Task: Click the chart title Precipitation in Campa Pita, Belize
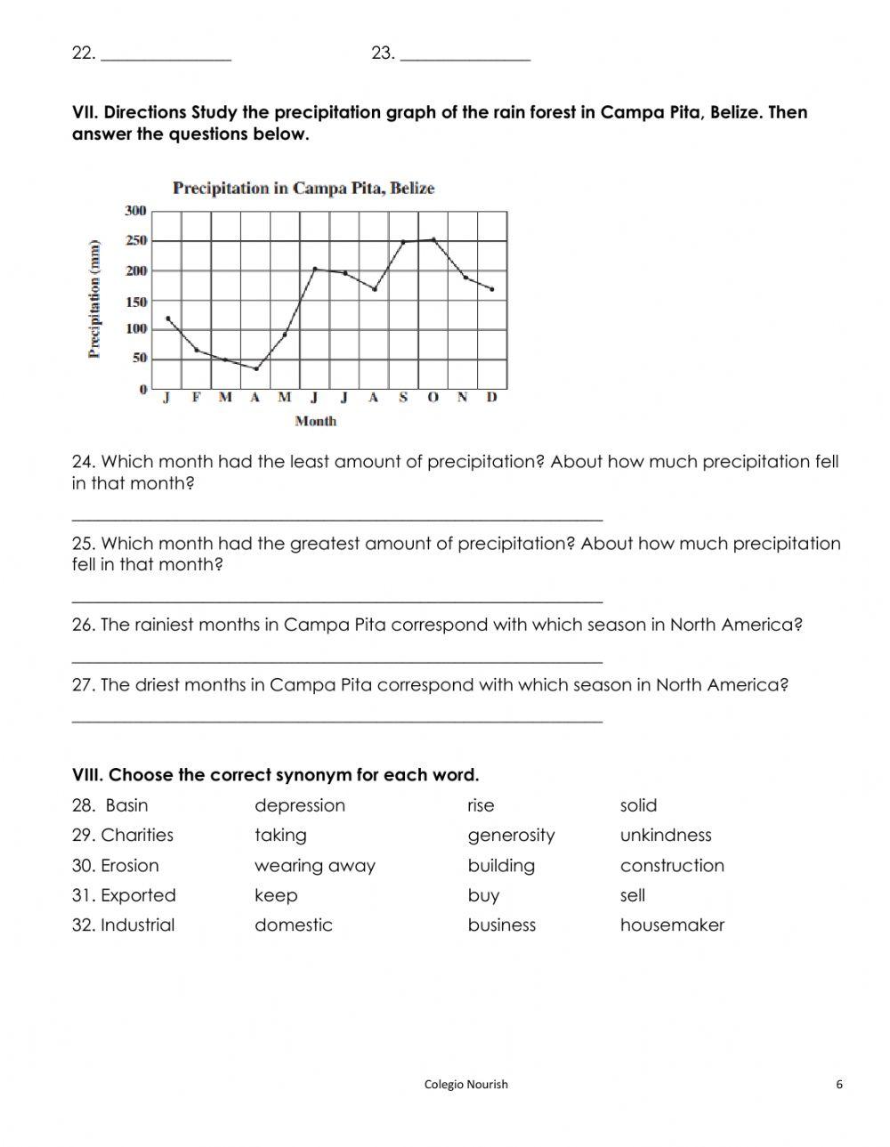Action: [303, 189]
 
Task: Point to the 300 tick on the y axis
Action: [135, 211]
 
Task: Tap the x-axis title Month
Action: [315, 421]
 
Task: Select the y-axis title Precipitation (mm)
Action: [93, 299]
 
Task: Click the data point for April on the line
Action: [256, 368]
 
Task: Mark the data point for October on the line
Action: [433, 239]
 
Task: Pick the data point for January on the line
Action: [168, 319]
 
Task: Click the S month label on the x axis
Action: [403, 398]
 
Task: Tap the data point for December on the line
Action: [492, 289]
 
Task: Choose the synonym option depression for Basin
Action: [299, 805]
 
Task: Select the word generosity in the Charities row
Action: [511, 836]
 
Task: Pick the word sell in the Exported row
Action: [632, 895]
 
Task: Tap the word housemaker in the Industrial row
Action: [672, 925]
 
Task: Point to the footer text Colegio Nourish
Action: [466, 1084]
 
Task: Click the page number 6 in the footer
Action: [839, 1084]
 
